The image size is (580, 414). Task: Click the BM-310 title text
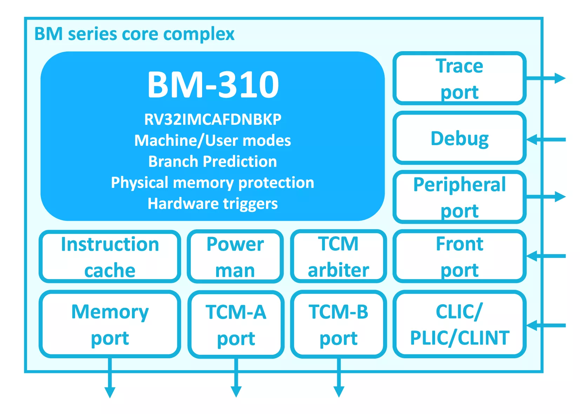click(213, 85)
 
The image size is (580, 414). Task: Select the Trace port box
click(459, 79)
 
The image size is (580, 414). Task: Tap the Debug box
click(459, 138)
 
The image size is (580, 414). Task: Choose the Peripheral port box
click(459, 197)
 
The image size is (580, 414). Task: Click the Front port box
click(459, 256)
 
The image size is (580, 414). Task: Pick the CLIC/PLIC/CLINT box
click(459, 324)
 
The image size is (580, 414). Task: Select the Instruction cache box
click(110, 257)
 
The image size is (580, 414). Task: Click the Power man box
click(235, 257)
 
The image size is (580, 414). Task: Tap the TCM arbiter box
click(338, 256)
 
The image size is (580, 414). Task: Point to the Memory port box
click(110, 324)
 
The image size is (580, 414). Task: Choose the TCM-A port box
click(236, 325)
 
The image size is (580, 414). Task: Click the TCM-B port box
click(338, 324)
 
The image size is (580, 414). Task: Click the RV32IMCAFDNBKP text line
click(213, 120)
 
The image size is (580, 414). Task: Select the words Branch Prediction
click(213, 162)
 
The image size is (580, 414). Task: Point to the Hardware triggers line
click(213, 204)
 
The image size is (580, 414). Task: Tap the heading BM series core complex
click(134, 34)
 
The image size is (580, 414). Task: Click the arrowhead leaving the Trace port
click(560, 78)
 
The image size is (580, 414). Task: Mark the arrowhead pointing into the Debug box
click(532, 140)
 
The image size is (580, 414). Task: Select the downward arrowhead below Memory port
click(110, 392)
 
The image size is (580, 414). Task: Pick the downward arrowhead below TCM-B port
click(339, 391)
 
